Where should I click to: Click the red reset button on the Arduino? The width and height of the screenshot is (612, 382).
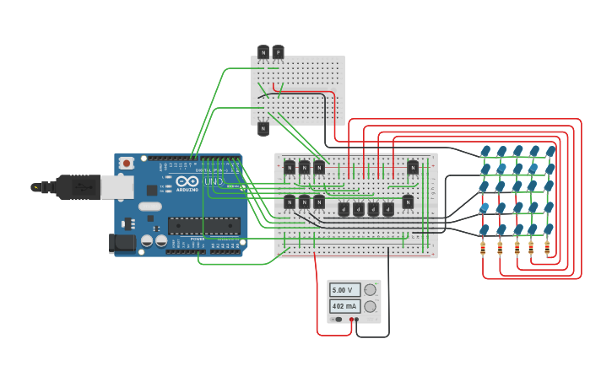127,163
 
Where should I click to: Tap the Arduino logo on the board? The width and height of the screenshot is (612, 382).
187,181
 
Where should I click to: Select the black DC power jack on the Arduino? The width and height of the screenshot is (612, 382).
122,244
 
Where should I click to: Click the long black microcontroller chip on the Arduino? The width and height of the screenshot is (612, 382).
203,225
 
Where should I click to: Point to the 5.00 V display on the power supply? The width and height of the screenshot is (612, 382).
344,290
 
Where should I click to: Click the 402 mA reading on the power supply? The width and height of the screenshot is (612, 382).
344,306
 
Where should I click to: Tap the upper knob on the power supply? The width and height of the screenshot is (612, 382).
370,290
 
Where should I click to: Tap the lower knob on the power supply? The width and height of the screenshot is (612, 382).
370,306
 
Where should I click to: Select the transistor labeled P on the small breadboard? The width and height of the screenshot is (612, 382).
278,52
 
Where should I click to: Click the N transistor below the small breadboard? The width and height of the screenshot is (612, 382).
263,128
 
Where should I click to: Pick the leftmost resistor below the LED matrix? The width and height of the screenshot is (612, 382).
483,248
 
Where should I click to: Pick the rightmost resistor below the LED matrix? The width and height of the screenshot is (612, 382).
547,248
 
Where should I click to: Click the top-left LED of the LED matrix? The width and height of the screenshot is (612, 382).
485,152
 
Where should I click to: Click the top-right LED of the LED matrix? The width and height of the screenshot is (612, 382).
550,152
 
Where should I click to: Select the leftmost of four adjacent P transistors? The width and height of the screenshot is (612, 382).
344,209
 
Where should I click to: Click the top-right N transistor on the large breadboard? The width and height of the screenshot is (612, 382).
413,168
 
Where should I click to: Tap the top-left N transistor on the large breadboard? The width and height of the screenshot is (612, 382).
290,168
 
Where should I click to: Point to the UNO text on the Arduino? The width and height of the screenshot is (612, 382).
214,181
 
